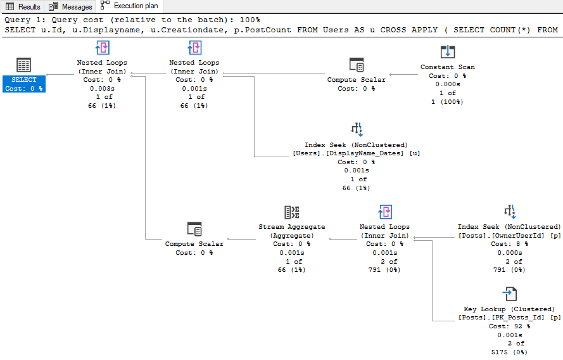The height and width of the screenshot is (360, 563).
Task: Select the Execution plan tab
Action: (130, 6)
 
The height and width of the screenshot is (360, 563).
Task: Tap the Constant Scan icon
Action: (448, 52)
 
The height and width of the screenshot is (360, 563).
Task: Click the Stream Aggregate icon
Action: (292, 212)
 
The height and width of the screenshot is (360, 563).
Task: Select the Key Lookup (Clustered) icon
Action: (510, 294)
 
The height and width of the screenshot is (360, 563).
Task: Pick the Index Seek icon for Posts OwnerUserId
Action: (509, 212)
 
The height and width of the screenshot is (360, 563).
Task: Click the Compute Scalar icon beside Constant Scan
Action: (356, 65)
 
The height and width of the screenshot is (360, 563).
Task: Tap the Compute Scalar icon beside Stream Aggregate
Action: (194, 229)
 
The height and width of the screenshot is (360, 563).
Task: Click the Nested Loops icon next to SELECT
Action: (102, 48)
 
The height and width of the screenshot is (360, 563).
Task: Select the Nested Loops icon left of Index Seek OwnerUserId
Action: (384, 212)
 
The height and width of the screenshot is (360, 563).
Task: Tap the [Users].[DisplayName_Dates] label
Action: (348, 153)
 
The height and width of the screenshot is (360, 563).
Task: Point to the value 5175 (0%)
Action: (509, 352)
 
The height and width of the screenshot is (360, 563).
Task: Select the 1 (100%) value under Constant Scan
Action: (448, 102)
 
